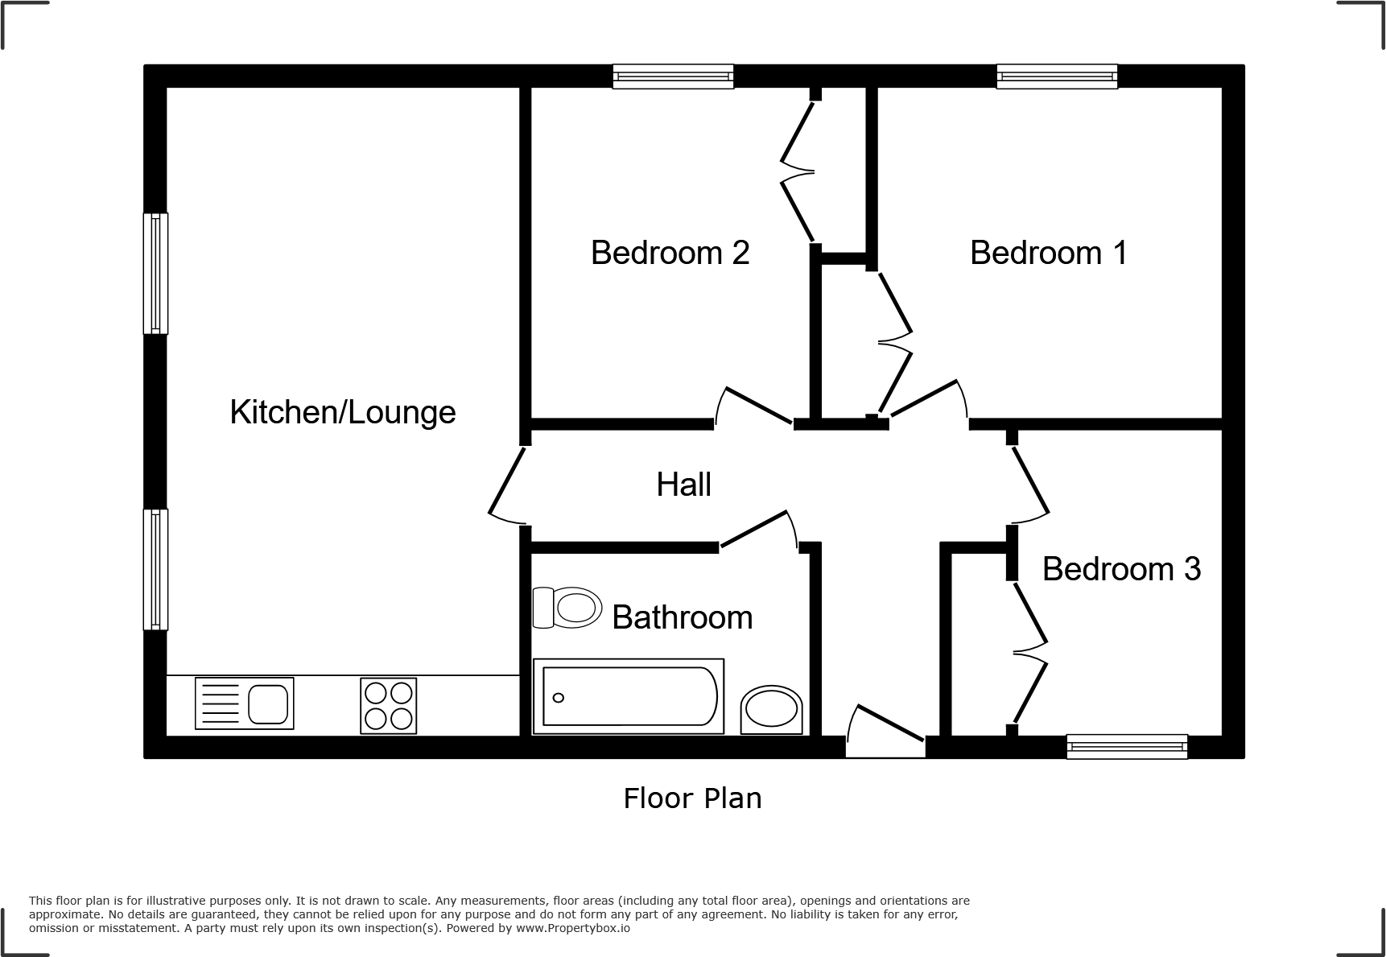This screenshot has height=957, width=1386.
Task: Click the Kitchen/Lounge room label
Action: point(343,412)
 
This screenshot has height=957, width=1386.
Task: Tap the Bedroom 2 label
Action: point(670,253)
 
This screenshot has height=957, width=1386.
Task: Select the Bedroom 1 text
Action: point(1048,253)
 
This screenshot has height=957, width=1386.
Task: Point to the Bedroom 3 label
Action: point(1121,569)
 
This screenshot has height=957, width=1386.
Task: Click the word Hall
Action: point(683,485)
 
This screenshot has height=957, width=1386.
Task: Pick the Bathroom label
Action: point(682,617)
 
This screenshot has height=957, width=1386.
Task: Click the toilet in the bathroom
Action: point(568,607)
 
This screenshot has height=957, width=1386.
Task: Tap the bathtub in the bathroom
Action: point(629,696)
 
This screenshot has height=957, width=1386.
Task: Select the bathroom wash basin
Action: point(772,710)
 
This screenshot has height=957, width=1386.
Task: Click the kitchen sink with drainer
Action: point(244,703)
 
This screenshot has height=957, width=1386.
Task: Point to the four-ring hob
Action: point(389,706)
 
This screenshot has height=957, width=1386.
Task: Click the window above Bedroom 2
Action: point(673,76)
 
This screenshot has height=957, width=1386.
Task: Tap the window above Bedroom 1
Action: point(1057,76)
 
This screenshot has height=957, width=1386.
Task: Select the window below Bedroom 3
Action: point(1127,747)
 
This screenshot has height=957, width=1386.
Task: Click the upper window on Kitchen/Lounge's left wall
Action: point(155,273)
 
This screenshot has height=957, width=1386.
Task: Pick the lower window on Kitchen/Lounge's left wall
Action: point(155,569)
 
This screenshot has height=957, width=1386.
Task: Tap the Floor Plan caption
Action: point(692,798)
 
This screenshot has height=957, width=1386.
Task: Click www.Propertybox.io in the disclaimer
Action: point(573,928)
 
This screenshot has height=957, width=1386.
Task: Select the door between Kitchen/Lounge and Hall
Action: point(508,483)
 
